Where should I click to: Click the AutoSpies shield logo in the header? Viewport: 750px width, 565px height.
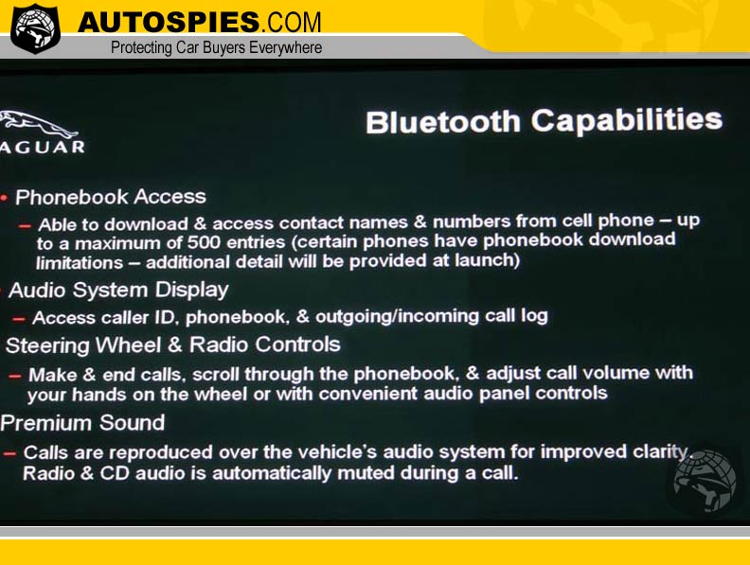pyautogui.click(x=35, y=28)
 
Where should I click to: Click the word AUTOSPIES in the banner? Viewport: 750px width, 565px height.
pyautogui.click(x=169, y=23)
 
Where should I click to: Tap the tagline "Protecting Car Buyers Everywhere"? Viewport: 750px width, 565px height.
pyautogui.click(x=216, y=48)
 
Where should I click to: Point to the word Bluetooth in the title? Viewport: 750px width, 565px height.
pyautogui.click(x=443, y=122)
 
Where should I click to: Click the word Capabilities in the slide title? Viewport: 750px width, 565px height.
pyautogui.click(x=627, y=120)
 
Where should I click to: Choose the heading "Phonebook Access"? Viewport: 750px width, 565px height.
pyautogui.click(x=111, y=197)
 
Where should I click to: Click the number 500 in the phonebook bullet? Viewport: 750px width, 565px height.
pyautogui.click(x=205, y=242)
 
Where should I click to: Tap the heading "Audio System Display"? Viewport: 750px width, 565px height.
pyautogui.click(x=118, y=291)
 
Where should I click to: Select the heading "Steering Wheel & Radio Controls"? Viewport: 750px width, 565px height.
pyautogui.click(x=172, y=345)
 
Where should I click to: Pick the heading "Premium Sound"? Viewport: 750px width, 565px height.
pyautogui.click(x=82, y=423)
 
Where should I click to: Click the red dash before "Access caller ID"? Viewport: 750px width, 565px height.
pyautogui.click(x=19, y=318)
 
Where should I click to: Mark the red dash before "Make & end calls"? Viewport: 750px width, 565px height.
pyautogui.click(x=15, y=376)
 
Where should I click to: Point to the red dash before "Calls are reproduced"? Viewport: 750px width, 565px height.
pyautogui.click(x=9, y=453)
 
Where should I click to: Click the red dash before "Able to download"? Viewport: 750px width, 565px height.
pyautogui.click(x=25, y=225)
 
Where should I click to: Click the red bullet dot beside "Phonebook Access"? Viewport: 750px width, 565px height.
pyautogui.click(x=5, y=198)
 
